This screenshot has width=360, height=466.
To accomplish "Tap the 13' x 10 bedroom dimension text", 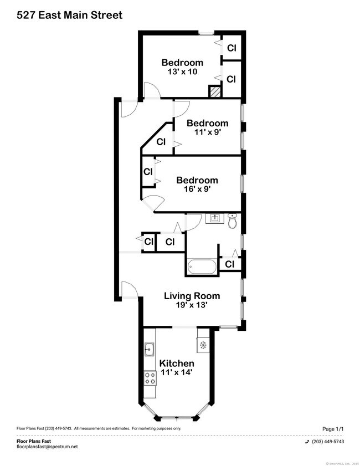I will click(182, 72).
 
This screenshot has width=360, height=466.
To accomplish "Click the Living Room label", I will click(192, 296).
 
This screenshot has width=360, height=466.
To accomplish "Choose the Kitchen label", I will click(177, 363).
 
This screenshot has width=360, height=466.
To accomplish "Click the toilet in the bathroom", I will click(233, 220).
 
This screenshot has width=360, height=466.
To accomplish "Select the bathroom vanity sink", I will click(213, 218).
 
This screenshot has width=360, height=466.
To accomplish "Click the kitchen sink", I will click(149, 350).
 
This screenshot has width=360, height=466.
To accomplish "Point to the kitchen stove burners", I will click(149, 378).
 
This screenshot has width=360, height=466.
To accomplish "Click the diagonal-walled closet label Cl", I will click(161, 142).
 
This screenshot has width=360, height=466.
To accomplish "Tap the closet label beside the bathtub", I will click(230, 264).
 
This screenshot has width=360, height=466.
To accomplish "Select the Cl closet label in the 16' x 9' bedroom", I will click(148, 172).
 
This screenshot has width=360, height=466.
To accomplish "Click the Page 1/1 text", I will click(333, 429).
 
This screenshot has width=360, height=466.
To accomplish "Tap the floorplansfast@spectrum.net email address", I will click(47, 447).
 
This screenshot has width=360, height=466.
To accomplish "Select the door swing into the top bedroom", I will click(151, 91).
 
